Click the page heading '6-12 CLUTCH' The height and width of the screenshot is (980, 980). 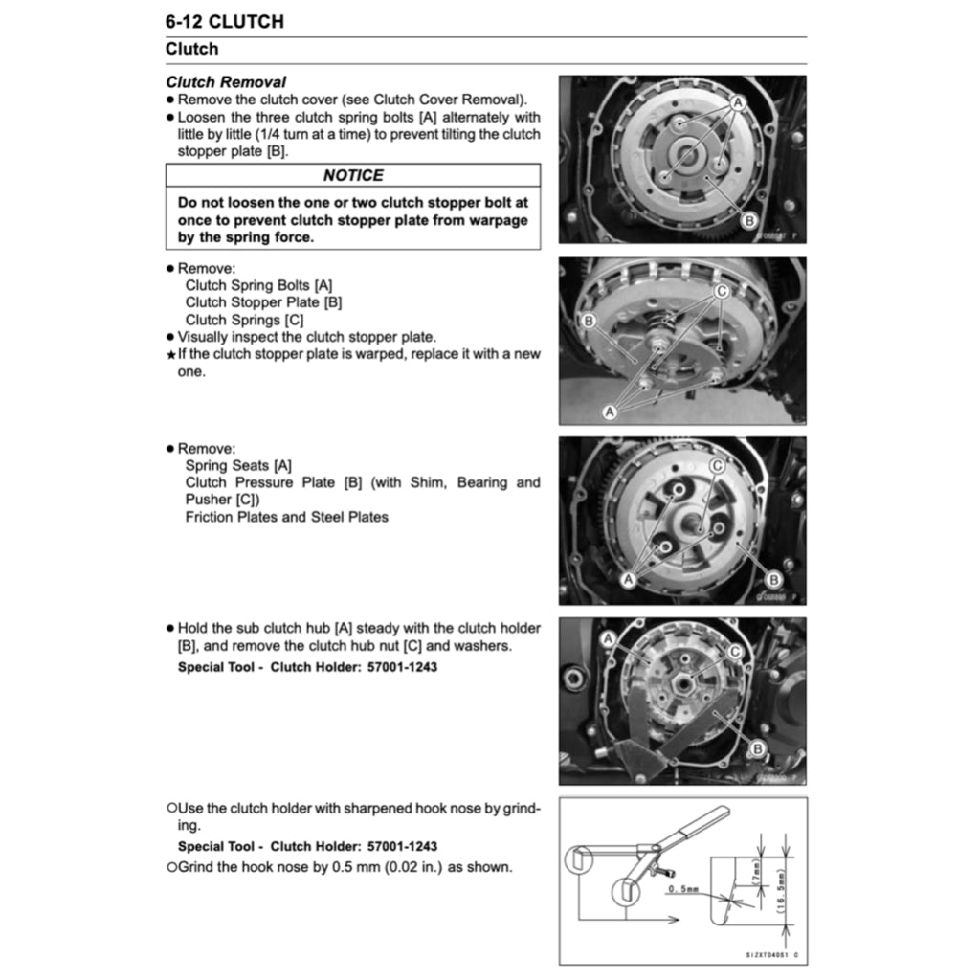click(224, 21)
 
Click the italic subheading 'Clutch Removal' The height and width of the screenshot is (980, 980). click(226, 82)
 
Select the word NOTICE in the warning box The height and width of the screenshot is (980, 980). click(352, 175)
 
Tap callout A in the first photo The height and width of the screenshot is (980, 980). click(740, 102)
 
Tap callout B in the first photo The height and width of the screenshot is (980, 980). click(749, 220)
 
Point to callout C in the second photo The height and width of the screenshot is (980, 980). click(722, 290)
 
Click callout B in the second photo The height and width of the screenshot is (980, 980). click(589, 321)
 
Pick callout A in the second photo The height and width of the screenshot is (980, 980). click(608, 411)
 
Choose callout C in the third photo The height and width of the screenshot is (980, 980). click(717, 465)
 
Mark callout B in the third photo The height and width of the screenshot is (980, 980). click(773, 579)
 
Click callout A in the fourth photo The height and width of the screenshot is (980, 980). click(608, 638)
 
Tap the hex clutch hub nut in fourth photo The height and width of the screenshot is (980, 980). click(691, 687)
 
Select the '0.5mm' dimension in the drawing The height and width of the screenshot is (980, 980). click(683, 890)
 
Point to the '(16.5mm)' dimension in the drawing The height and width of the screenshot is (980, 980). click(782, 893)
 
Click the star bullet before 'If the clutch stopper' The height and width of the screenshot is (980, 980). click(170, 354)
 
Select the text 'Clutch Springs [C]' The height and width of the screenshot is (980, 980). click(244, 320)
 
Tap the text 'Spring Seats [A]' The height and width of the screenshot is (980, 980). click(238, 465)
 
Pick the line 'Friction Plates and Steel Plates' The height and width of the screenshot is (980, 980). click(286, 517)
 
